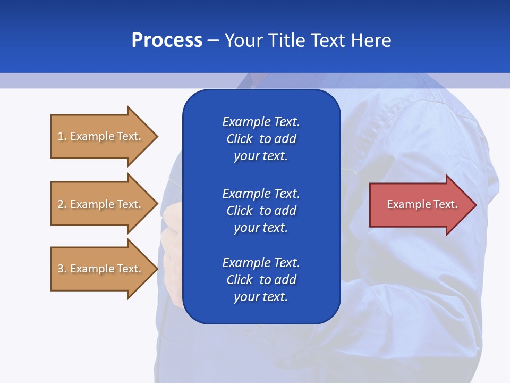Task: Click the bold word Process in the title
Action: (167, 40)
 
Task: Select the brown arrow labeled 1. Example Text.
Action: (101, 136)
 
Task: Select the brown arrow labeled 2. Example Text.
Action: (101, 204)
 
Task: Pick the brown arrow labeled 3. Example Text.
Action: (101, 269)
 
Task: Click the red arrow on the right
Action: (420, 205)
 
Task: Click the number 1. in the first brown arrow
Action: (62, 136)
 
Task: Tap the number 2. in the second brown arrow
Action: (62, 204)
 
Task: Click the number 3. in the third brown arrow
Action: (62, 269)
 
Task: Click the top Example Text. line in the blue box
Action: (261, 122)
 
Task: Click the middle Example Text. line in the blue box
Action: (261, 193)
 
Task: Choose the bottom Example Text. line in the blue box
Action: (261, 263)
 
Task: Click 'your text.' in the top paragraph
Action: (261, 156)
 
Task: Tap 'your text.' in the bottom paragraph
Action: (261, 297)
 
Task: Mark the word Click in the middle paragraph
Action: (239, 211)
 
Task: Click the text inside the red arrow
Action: (422, 204)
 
